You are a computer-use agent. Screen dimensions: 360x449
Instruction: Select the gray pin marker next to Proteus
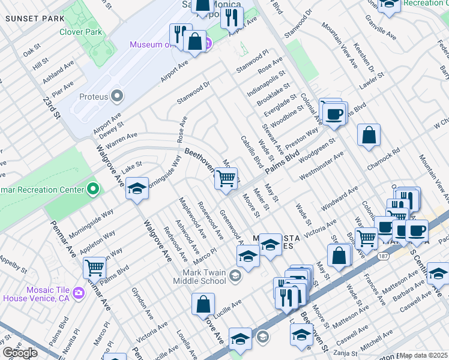(x=117, y=96)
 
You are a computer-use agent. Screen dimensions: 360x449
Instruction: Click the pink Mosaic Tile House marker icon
(x=78, y=292)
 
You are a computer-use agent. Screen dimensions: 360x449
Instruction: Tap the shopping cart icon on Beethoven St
(x=226, y=178)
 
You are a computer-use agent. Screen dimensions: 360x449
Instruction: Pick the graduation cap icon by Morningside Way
(x=137, y=188)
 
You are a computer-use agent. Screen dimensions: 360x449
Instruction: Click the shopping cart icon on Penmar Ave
(x=95, y=267)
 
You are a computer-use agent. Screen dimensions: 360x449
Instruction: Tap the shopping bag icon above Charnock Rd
(x=369, y=135)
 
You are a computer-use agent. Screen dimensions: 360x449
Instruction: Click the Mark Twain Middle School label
(x=199, y=276)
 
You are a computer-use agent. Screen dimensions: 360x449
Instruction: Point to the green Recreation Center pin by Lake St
(x=92, y=190)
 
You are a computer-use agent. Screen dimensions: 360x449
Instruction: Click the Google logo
(x=20, y=352)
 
